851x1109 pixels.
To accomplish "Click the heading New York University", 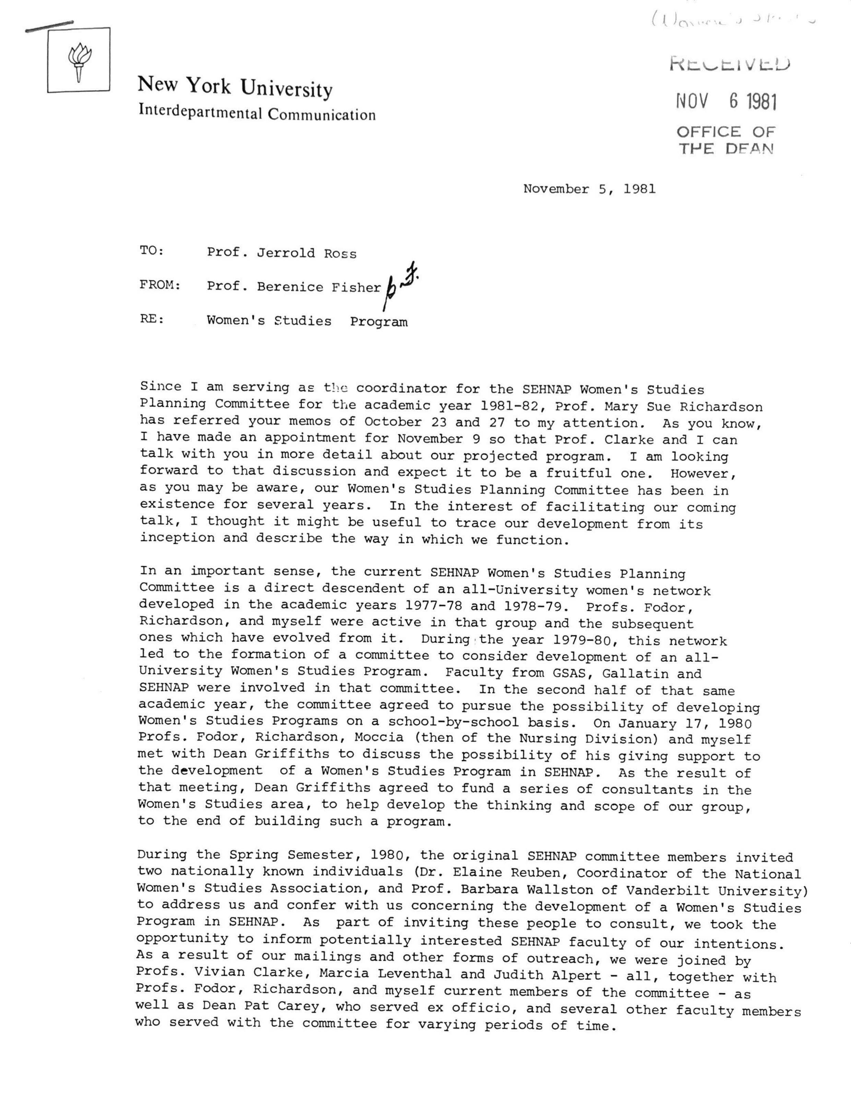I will [235, 87].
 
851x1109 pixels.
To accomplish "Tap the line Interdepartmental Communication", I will [257, 113].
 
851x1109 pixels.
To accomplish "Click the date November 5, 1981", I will [589, 189].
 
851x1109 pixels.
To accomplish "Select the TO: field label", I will [152, 250].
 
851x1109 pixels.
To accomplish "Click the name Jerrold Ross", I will [306, 253].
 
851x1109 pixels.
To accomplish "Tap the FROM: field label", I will [159, 285].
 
